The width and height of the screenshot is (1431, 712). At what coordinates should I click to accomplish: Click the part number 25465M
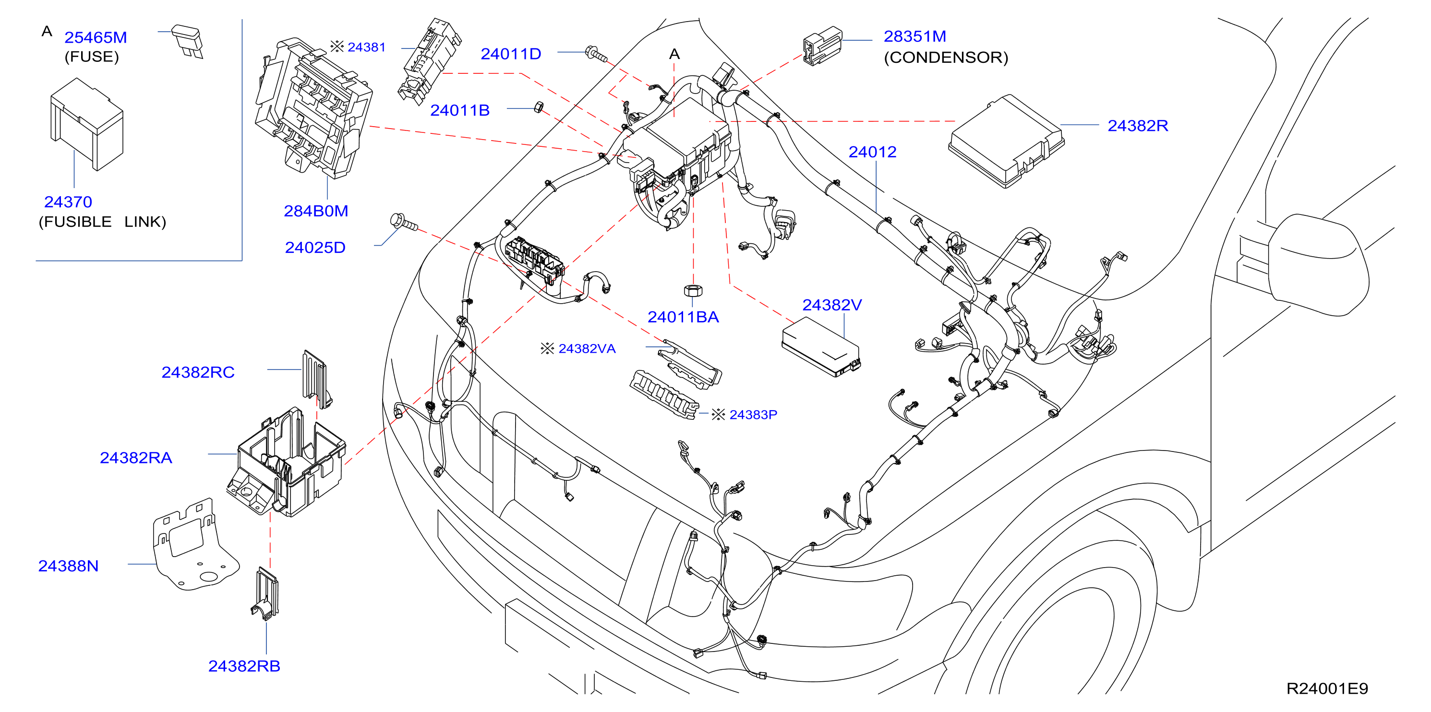click(x=96, y=37)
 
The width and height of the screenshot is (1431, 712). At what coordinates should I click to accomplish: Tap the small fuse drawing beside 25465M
click(x=188, y=41)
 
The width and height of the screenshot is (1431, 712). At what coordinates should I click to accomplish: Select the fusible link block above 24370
click(x=87, y=124)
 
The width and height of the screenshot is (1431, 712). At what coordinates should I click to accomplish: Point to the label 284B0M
click(x=316, y=211)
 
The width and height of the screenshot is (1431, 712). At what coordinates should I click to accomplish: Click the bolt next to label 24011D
click(x=597, y=54)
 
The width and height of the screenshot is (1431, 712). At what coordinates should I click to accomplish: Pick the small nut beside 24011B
click(x=538, y=107)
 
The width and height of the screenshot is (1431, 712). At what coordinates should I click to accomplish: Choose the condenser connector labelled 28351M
click(x=822, y=46)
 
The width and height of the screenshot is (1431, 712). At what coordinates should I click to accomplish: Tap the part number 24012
click(x=872, y=152)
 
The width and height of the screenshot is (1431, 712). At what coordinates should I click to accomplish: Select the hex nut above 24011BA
click(x=693, y=290)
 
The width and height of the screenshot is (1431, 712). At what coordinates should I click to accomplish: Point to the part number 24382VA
click(x=587, y=349)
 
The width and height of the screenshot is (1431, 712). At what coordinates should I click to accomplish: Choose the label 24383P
click(x=753, y=415)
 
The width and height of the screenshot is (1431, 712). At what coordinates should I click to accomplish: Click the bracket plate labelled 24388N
click(x=195, y=544)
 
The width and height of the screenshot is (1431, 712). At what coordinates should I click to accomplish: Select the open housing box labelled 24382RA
click(x=286, y=462)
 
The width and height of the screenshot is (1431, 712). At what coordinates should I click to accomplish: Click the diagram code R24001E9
click(x=1327, y=688)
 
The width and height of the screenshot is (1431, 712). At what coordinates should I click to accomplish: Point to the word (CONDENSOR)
click(x=946, y=57)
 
